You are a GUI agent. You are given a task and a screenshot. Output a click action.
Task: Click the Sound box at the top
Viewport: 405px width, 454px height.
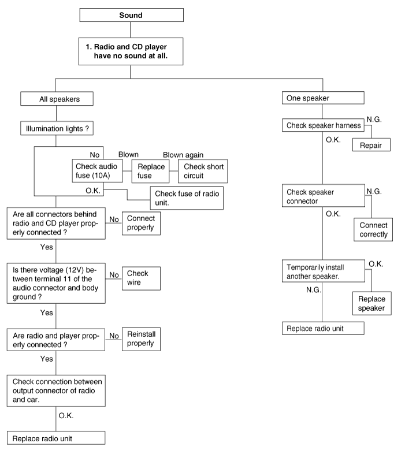pos(130,16)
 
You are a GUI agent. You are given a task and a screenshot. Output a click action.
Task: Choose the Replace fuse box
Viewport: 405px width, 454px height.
pos(152,171)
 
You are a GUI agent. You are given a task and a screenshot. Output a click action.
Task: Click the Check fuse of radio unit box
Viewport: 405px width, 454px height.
pos(186,197)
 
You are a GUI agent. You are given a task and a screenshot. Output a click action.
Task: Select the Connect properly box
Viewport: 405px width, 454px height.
pos(140,224)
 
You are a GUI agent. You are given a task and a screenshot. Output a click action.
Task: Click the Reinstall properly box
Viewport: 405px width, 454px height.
pos(140,339)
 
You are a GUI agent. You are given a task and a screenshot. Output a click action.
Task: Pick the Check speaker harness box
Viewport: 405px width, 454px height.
pos(324,126)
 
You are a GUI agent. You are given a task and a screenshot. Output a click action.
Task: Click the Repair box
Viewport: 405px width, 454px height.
pos(371,144)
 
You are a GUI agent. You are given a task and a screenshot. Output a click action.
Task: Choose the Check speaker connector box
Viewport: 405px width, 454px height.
pos(324,196)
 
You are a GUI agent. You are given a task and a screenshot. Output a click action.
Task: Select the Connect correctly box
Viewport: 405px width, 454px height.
pos(373,230)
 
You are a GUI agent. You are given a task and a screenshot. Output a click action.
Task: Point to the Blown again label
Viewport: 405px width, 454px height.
pos(183,154)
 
